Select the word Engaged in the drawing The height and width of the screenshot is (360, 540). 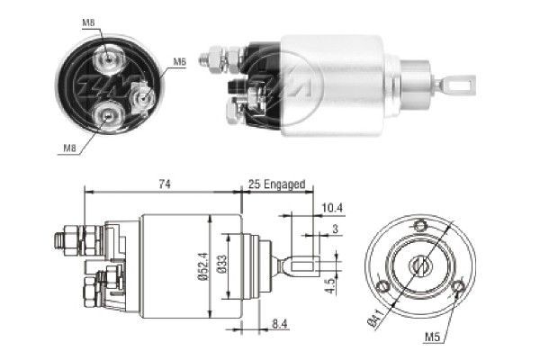[286, 184]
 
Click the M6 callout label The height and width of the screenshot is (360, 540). [179, 61]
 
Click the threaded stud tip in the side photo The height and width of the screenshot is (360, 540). [206, 61]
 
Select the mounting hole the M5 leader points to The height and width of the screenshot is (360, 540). [457, 288]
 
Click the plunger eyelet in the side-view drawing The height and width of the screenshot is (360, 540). [302, 266]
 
